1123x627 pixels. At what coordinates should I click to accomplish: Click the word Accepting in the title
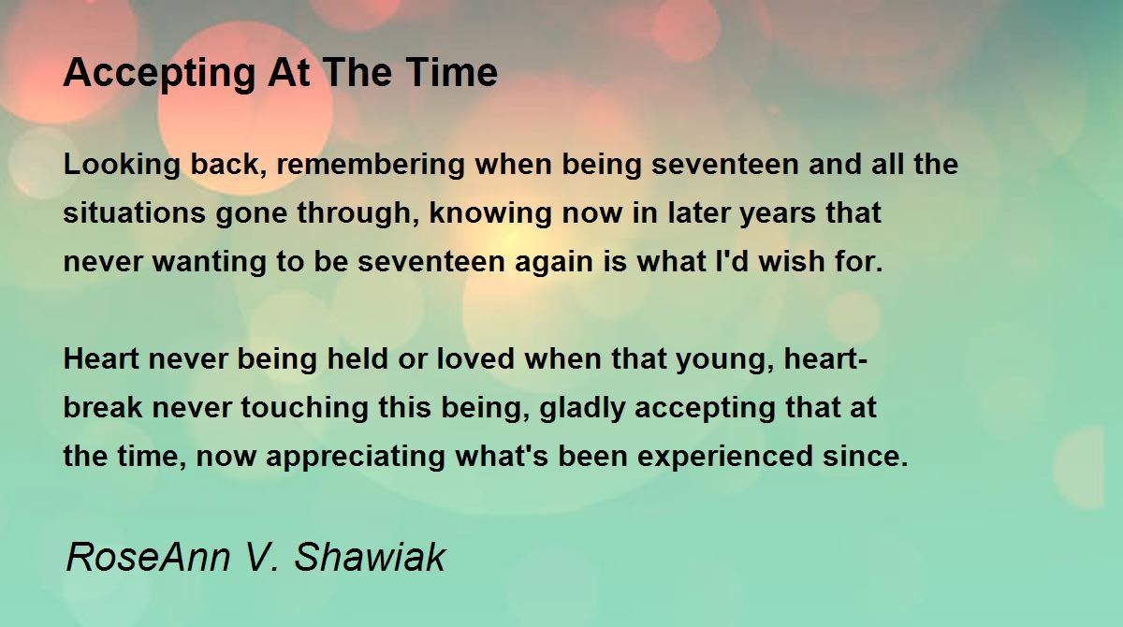pyautogui.click(x=159, y=74)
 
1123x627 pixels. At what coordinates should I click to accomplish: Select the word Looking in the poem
pyautogui.click(x=122, y=165)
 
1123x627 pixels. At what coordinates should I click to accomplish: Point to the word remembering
pyautogui.click(x=371, y=165)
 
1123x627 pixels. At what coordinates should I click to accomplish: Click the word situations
pyautogui.click(x=135, y=212)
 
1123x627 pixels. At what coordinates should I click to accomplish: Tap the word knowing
pyautogui.click(x=490, y=213)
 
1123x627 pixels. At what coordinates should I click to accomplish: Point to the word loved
pyautogui.click(x=475, y=358)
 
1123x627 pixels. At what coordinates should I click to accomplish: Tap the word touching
pyautogui.click(x=305, y=408)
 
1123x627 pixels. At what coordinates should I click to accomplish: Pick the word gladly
pyautogui.click(x=582, y=408)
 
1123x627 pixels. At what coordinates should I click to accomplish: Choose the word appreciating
pyautogui.click(x=356, y=457)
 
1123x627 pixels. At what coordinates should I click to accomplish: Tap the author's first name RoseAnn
pyautogui.click(x=149, y=557)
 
